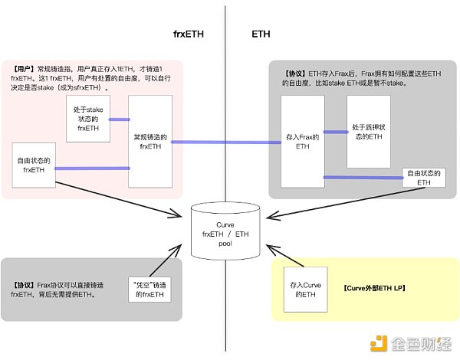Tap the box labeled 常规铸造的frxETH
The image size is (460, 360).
pos(149,141)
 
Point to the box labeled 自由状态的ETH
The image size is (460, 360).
pos(424,178)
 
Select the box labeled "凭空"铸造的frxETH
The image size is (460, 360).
pos(149,289)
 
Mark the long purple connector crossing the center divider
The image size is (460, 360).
pos(225,142)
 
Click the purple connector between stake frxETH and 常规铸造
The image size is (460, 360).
pos(119,119)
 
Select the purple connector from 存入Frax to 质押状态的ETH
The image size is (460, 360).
pos(334,132)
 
